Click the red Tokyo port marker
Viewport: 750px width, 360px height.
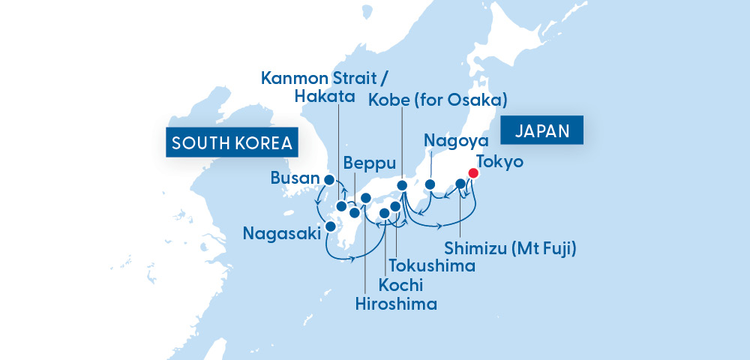[473, 173]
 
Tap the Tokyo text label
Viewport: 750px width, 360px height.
[499, 162]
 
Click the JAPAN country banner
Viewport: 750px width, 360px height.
[542, 130]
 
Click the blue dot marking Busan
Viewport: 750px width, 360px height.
[328, 179]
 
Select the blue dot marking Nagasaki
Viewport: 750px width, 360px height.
[331, 226]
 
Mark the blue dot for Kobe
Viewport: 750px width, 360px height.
[402, 185]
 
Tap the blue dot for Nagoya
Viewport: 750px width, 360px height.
[430, 184]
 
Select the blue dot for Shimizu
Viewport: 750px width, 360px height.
[460, 183]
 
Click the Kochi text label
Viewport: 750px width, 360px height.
[400, 285]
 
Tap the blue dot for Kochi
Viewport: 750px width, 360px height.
[384, 214]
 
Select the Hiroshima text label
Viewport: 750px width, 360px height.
[397, 304]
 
